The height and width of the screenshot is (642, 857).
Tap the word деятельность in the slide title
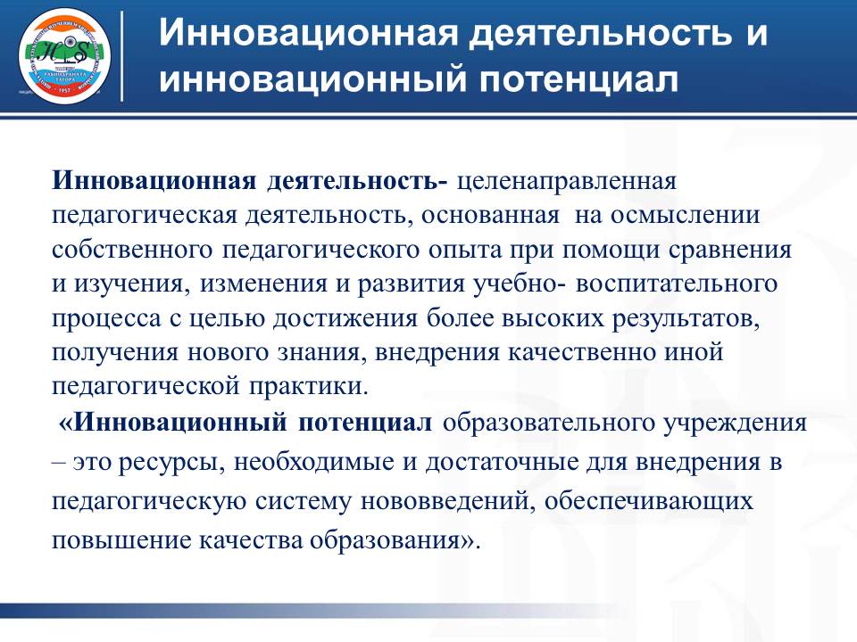[x=586, y=35]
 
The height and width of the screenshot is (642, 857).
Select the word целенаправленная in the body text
[x=568, y=181]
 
